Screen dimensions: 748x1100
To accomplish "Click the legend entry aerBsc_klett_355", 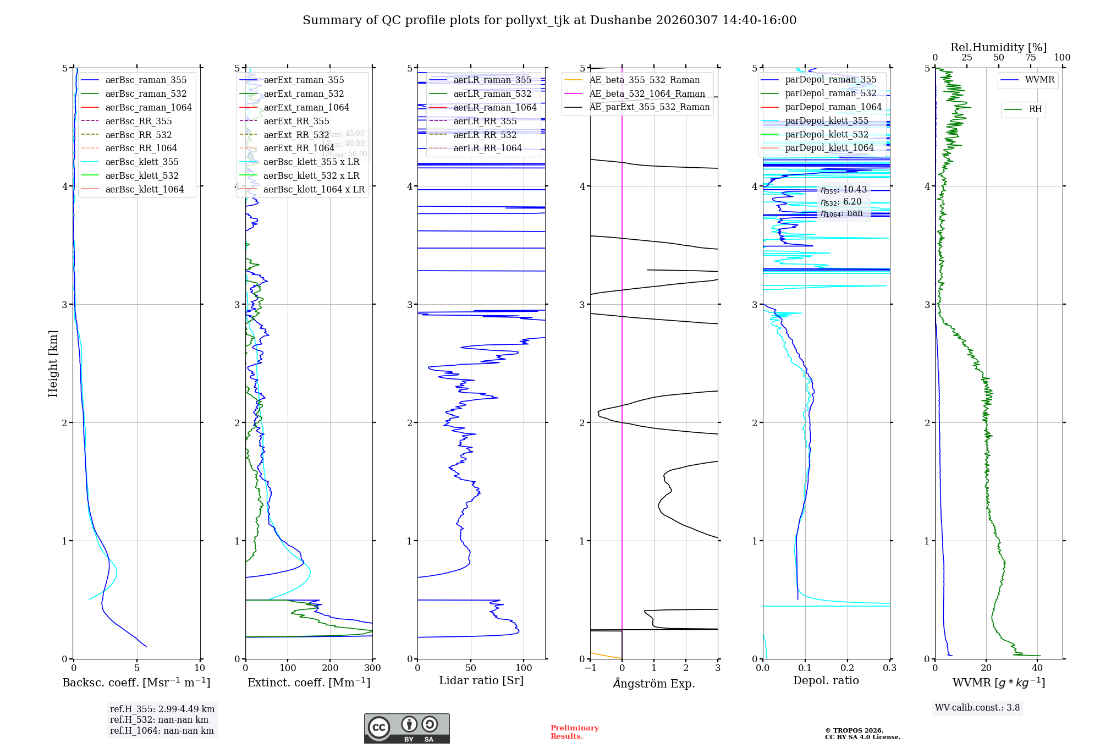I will [141, 162].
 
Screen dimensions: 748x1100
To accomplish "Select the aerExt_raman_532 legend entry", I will [304, 94].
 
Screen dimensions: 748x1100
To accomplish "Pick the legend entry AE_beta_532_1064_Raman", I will [647, 94].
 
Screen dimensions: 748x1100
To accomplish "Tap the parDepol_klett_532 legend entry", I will [826, 134].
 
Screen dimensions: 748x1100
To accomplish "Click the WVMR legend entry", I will [1039, 80].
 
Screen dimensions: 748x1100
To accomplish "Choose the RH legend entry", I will [1035, 109].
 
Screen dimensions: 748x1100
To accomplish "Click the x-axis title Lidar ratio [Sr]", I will [481, 680].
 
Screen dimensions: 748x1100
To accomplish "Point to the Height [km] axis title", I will [53, 363].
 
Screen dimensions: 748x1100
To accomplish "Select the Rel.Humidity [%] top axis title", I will [998, 47].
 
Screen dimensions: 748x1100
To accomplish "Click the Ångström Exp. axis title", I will [653, 683].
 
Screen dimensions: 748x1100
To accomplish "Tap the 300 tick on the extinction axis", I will [372, 668].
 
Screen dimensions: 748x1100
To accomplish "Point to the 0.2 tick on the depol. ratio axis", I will [848, 668].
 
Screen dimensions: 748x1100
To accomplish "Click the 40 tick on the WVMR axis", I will [1037, 668].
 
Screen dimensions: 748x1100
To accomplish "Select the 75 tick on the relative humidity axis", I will [1030, 58].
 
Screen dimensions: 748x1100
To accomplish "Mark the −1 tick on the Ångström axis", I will [590, 668].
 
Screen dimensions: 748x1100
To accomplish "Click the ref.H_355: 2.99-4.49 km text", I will [162, 709].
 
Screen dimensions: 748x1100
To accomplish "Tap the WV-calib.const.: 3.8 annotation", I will [977, 707].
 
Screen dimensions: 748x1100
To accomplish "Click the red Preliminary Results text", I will [574, 732].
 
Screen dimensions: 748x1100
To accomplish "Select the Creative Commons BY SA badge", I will [406, 728].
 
